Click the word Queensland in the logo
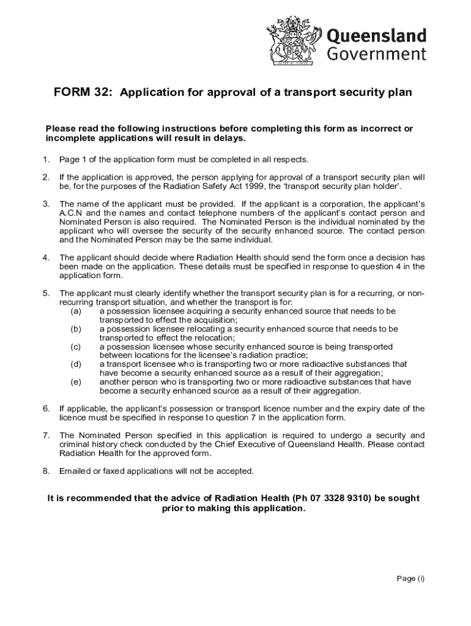pyautogui.click(x=377, y=34)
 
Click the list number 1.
pyautogui.click(x=46, y=160)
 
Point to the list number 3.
pyautogui.click(x=46, y=203)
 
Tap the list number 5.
pyautogui.click(x=46, y=293)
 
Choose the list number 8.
pyautogui.click(x=46, y=471)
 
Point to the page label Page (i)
pyautogui.click(x=409, y=580)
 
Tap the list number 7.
pyautogui.click(x=46, y=435)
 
